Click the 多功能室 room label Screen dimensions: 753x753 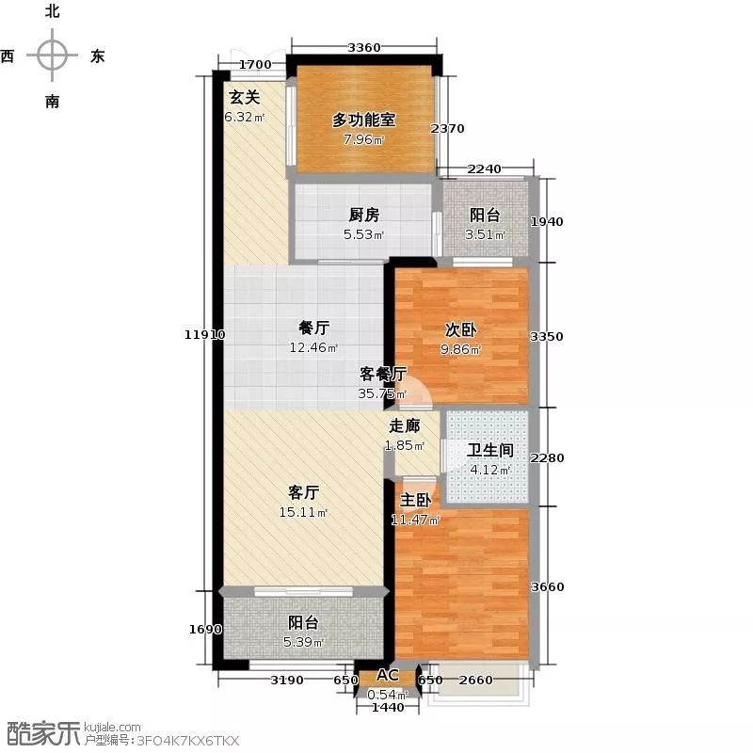click(x=364, y=120)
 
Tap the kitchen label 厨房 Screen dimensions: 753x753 click(x=364, y=215)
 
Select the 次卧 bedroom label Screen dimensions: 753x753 click(x=460, y=329)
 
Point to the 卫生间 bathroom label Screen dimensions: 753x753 click(x=490, y=451)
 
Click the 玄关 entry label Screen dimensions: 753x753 click(x=245, y=98)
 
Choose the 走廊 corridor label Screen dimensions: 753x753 click(x=405, y=425)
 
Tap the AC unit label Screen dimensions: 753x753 click(x=387, y=675)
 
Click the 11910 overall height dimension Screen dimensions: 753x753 click(x=204, y=335)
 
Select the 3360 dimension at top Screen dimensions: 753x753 click(x=364, y=48)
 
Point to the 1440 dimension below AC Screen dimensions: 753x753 click(x=388, y=708)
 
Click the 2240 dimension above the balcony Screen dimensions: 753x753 click(x=485, y=169)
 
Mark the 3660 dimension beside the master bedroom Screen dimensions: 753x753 click(x=548, y=586)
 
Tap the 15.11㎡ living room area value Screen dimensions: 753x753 click(x=303, y=513)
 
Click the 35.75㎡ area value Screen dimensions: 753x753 click(x=382, y=393)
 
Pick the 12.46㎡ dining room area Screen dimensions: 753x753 click(x=313, y=347)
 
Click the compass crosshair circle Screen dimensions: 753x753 click(x=53, y=56)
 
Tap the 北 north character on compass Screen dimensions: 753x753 click(x=53, y=10)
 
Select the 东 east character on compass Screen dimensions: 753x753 click(x=98, y=56)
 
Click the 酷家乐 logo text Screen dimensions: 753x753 click(x=40, y=734)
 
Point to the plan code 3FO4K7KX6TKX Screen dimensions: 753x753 click(x=188, y=741)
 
